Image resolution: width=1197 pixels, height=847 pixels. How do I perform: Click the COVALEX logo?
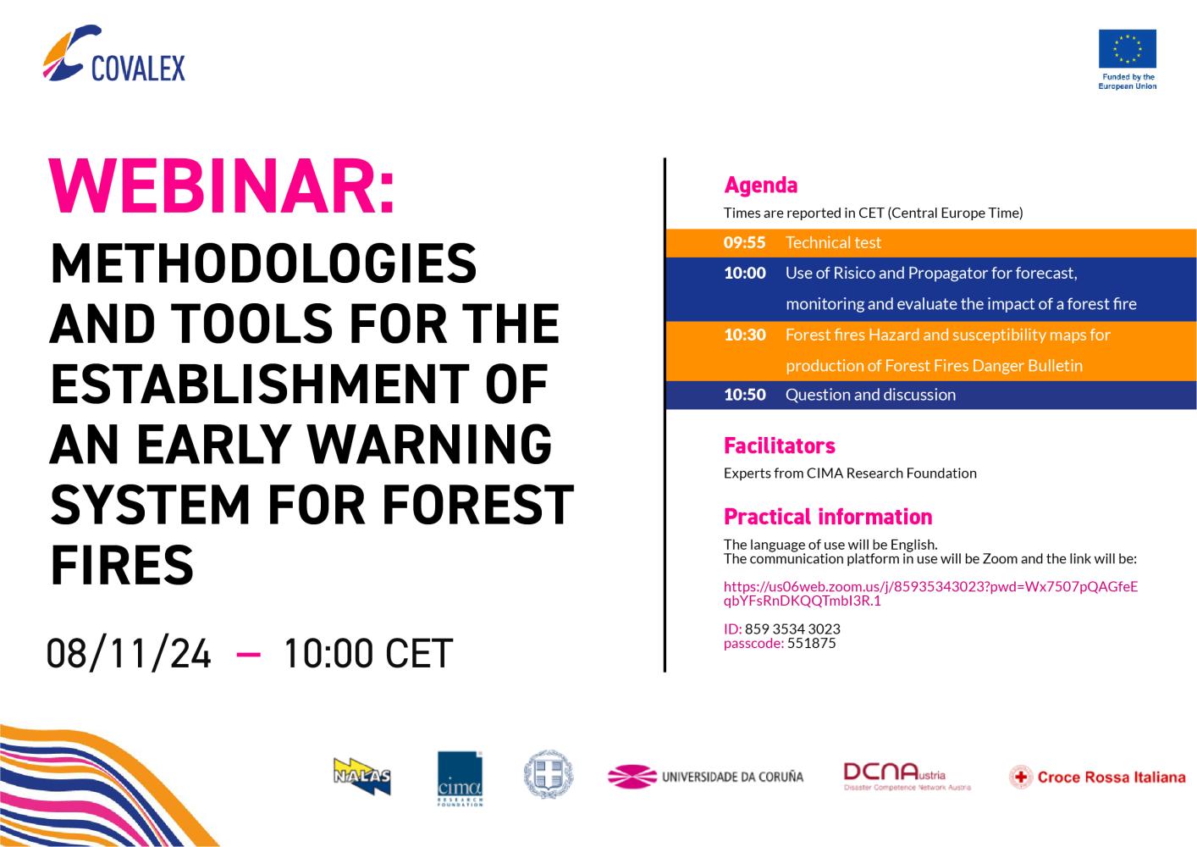(x=113, y=53)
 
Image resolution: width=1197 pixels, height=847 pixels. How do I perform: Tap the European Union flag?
(x=1128, y=48)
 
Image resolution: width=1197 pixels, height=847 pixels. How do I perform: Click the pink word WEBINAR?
(x=222, y=186)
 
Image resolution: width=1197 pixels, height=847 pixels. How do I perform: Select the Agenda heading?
(x=760, y=185)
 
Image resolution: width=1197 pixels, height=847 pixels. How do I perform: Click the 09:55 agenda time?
(x=744, y=243)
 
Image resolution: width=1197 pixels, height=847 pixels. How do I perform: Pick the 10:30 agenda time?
(x=745, y=335)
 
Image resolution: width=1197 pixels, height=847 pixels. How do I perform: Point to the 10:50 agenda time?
(x=745, y=395)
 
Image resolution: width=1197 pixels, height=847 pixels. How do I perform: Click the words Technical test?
(x=833, y=243)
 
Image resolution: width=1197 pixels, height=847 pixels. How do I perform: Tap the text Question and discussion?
(x=870, y=395)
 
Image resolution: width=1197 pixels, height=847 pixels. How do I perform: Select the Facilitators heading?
(x=779, y=446)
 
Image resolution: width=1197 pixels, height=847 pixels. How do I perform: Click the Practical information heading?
(x=828, y=517)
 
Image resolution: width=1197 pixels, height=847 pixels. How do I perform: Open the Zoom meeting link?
(x=930, y=594)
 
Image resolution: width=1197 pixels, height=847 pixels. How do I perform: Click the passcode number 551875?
(x=811, y=643)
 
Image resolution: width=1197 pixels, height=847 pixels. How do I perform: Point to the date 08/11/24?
(x=129, y=653)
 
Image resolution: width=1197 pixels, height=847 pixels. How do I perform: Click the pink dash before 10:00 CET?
(x=248, y=654)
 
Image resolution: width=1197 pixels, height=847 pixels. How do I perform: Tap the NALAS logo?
(x=362, y=776)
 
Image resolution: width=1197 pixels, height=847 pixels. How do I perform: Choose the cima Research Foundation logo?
(x=460, y=778)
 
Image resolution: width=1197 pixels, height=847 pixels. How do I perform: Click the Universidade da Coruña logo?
(x=705, y=777)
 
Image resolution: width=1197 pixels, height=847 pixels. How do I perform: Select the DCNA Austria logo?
(x=907, y=777)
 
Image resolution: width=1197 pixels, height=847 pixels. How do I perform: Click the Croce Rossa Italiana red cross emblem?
(x=1021, y=777)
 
